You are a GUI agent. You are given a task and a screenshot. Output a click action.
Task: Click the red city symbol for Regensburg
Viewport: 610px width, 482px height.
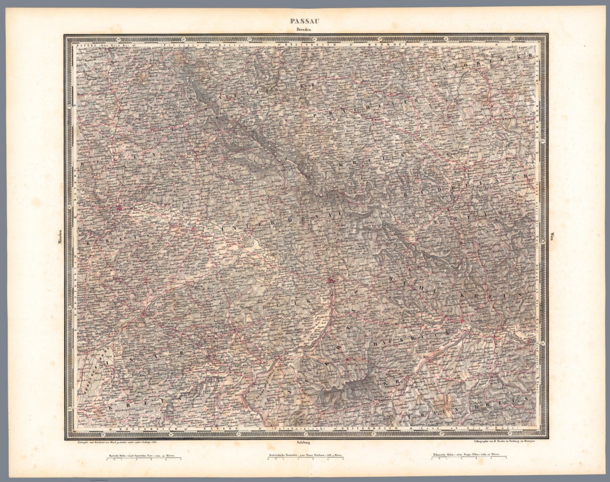(x=120, y=207)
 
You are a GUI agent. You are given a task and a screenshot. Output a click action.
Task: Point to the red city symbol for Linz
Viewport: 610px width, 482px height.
(x=462, y=321)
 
